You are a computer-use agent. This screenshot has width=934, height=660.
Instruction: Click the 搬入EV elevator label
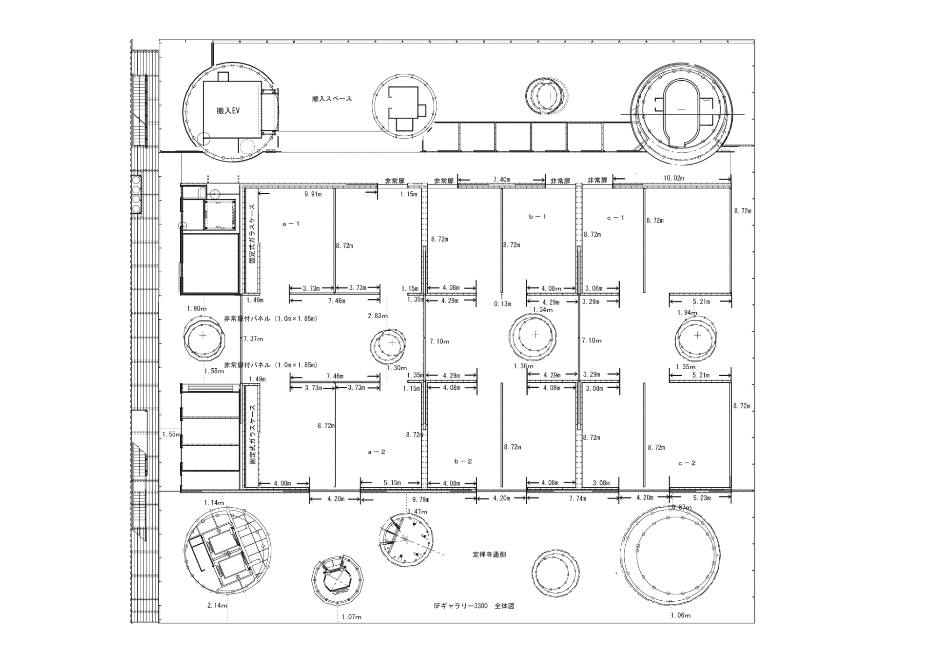(x=228, y=111)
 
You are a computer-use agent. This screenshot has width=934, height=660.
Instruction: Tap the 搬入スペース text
(x=332, y=99)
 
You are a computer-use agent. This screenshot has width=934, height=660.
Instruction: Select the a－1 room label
(x=291, y=224)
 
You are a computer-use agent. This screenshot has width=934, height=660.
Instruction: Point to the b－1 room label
(x=537, y=217)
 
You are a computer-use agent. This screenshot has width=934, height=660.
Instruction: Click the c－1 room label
(x=616, y=218)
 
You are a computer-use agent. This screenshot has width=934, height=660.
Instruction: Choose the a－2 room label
(x=377, y=452)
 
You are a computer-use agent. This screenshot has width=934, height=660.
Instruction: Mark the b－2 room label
(x=463, y=461)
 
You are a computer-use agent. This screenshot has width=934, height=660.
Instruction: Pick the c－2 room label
(x=686, y=463)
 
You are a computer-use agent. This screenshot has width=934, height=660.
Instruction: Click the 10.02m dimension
(x=673, y=178)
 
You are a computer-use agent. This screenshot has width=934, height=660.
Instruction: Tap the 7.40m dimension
(x=502, y=179)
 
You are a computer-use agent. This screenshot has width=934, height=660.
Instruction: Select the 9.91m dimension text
(x=313, y=194)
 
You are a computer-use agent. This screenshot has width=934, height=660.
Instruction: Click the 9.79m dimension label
(x=421, y=500)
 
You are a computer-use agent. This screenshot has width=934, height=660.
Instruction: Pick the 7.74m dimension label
(x=577, y=499)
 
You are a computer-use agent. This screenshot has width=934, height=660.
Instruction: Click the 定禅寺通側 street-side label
(x=489, y=555)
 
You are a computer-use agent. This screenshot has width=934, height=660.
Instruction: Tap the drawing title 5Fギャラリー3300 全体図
(x=474, y=606)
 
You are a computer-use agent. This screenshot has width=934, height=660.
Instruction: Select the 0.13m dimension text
(x=502, y=304)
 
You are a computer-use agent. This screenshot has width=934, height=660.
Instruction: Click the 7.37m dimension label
(x=253, y=339)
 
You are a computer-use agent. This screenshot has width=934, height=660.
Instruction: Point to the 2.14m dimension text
(x=217, y=605)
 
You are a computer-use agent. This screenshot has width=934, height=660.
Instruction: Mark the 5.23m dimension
(x=701, y=498)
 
